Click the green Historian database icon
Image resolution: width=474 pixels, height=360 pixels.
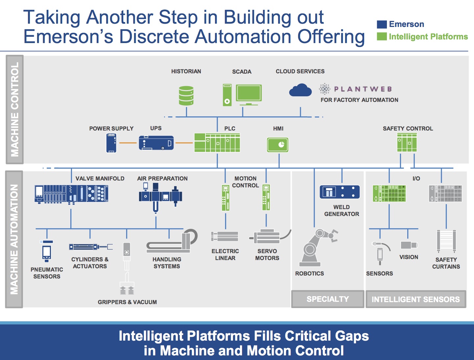click(186, 96)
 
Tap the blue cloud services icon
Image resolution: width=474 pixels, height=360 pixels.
click(300, 90)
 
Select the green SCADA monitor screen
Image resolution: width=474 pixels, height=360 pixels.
click(249, 93)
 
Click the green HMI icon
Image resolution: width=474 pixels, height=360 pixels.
click(278, 145)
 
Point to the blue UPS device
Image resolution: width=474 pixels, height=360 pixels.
click(156, 143)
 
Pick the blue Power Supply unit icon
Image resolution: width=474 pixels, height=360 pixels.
click(111, 143)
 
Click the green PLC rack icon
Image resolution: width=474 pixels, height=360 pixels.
click(217, 143)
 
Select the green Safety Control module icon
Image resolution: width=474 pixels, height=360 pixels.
click(407, 143)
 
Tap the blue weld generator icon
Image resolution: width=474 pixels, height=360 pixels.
click(340, 192)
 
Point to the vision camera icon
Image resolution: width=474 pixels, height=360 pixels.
click(409, 245)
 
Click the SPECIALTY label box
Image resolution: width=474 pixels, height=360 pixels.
click(328, 299)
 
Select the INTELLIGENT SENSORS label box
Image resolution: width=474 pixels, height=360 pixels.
click(416, 299)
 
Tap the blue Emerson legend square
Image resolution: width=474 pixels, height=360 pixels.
click(382, 24)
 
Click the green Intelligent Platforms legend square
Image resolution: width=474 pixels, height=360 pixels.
click(382, 36)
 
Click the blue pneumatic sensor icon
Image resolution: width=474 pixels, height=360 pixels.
click(47, 252)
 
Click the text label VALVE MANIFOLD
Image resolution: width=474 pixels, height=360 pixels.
click(100, 179)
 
